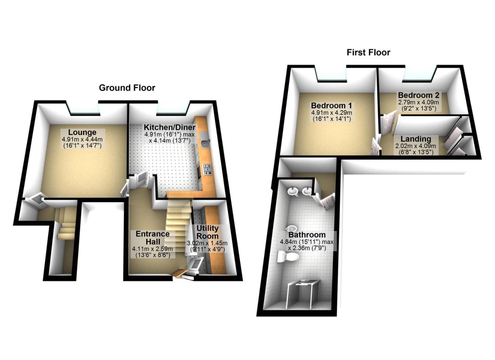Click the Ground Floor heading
coord(127,88)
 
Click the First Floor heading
coord(368,52)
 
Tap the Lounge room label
coord(82,132)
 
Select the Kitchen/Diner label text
coord(169,127)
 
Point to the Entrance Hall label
coord(153,238)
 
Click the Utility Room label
coord(207,232)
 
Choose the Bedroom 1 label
coord(331,106)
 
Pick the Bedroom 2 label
coord(418,95)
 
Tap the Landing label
coord(416,139)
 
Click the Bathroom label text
coord(307,235)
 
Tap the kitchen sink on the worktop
coord(205,144)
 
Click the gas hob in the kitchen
coord(207,169)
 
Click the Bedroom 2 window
coord(419,77)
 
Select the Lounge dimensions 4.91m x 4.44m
coord(82,139)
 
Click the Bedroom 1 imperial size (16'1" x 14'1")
coord(331,119)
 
